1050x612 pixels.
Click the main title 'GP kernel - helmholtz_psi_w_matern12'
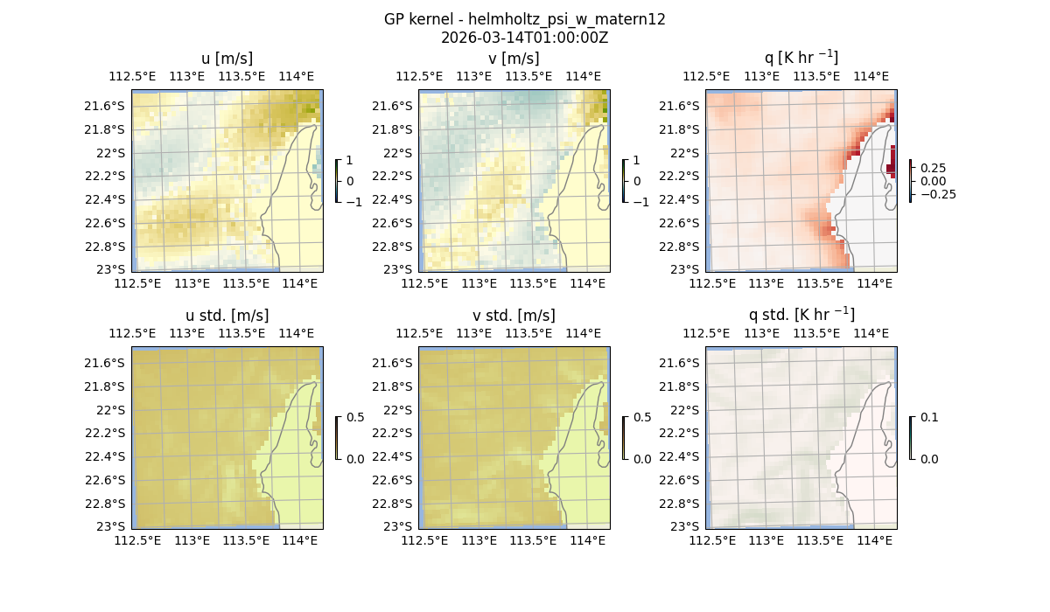coord(525,19)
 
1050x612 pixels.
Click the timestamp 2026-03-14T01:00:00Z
coord(525,38)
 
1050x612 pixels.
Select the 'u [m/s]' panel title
coord(227,59)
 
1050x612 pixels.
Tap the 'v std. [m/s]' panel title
coord(514,316)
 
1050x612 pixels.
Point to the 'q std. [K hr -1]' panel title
coord(801,315)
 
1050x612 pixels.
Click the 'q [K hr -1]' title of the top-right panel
coord(801,58)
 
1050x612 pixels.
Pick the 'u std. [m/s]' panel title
coord(227,316)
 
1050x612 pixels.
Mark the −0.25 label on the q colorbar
coord(937,194)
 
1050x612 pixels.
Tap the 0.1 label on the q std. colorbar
coord(927,418)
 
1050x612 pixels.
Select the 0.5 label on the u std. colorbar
coord(355,418)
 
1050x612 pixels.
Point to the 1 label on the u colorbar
coord(351,161)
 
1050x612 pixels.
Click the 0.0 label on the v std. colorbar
coord(642,459)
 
